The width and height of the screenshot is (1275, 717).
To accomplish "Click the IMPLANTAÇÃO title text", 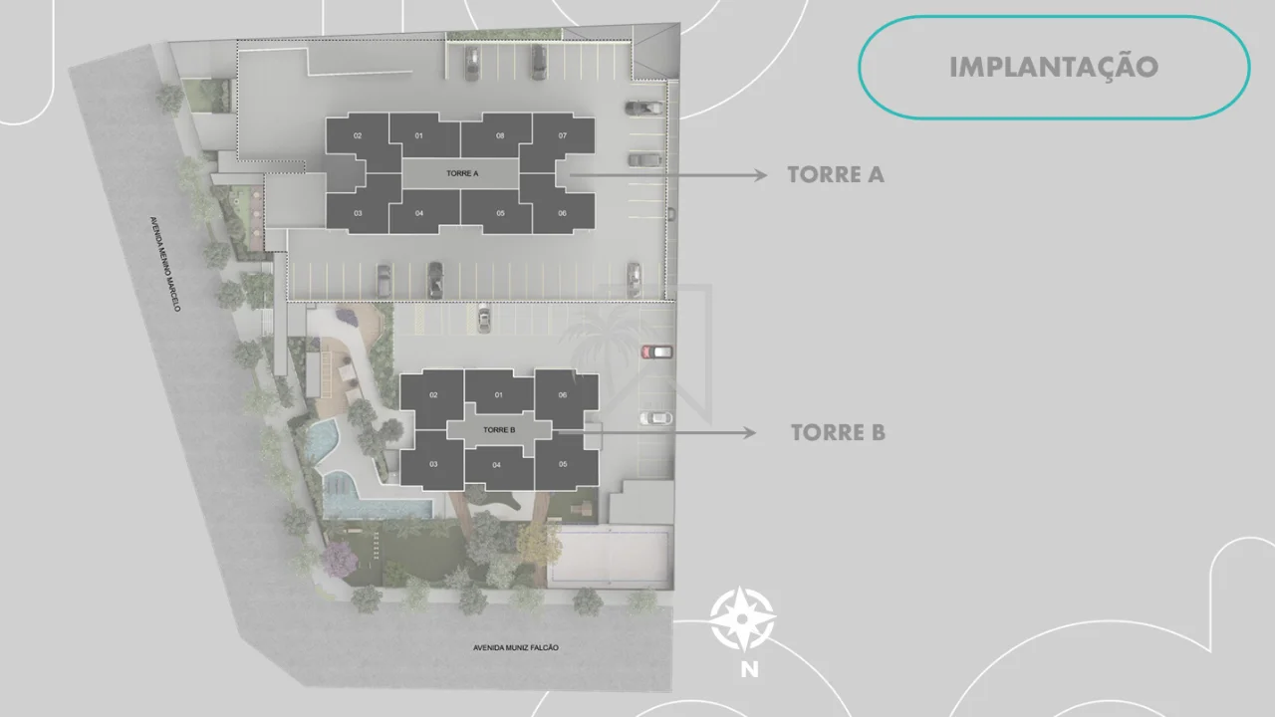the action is click(1054, 67).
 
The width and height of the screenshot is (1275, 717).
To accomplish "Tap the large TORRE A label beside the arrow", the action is click(836, 174).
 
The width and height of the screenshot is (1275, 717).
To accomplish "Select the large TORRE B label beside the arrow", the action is click(838, 432).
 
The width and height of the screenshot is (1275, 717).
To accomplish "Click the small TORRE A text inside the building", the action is click(462, 173).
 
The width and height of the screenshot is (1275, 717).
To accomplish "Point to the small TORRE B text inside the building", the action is click(499, 429).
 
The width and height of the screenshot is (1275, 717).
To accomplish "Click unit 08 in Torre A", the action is click(500, 136).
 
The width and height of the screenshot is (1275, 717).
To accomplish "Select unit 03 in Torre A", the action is click(358, 213).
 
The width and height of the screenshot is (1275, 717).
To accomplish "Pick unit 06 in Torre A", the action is click(563, 213).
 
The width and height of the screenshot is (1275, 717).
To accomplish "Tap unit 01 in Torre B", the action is click(499, 395).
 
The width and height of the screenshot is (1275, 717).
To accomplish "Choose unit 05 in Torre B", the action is click(563, 464).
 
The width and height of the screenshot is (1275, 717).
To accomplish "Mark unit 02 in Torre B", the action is click(433, 395).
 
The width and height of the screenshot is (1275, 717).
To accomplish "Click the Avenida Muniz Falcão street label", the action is click(516, 647).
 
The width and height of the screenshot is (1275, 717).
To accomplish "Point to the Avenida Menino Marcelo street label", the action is click(165, 264).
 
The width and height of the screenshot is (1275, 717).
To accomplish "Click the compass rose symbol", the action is click(742, 619).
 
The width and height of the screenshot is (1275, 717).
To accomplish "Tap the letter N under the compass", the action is click(750, 670).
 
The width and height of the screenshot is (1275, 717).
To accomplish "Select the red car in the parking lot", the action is click(656, 352).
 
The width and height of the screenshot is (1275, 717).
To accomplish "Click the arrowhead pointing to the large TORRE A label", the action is click(760, 175).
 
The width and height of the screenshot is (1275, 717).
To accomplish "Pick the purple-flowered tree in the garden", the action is click(340, 559).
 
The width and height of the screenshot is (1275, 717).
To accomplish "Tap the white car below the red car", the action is click(655, 418).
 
